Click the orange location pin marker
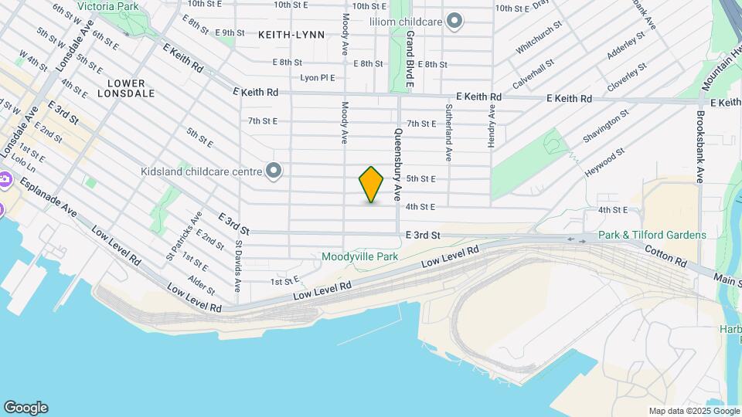[371, 185]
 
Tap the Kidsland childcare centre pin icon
[273, 171]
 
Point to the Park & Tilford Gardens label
[652, 235]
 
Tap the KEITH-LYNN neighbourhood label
[291, 35]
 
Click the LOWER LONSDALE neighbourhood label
[126, 88]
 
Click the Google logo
[26, 408]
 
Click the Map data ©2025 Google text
[694, 411]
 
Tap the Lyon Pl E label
[317, 78]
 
